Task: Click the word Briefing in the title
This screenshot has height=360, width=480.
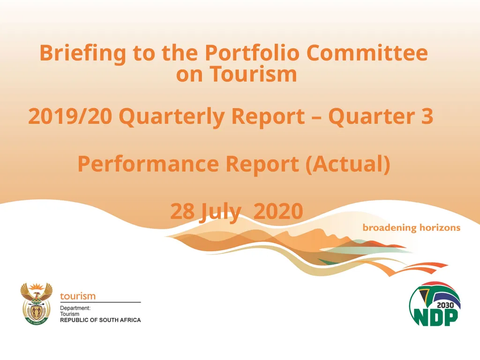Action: pos(82,53)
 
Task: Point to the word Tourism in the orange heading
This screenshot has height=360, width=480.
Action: pos(253,74)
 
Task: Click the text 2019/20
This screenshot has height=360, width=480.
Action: pos(70,117)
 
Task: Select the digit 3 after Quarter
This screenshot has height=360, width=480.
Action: pos(427,117)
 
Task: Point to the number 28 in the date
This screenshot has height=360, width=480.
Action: pos(182,211)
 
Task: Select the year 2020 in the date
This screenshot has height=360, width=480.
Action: pos(278,211)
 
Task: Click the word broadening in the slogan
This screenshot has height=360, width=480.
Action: pos(390,228)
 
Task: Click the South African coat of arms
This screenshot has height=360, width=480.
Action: pos(37,304)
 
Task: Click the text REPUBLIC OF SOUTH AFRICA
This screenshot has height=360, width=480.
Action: pos(100,320)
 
